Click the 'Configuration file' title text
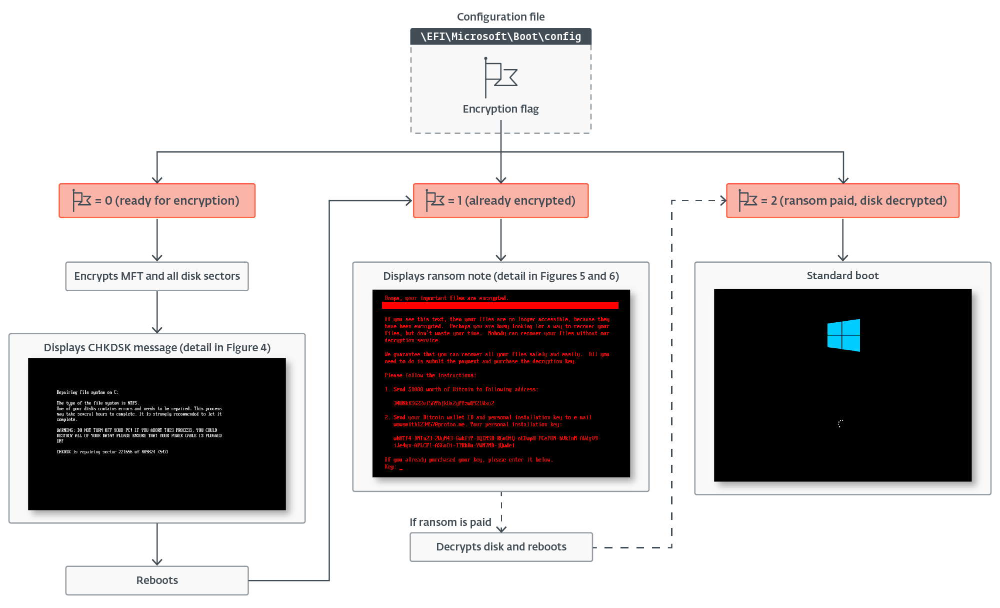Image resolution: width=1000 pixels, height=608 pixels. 500,17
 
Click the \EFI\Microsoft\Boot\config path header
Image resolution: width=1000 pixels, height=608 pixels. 500,37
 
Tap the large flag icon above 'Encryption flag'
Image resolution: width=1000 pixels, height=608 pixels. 500,78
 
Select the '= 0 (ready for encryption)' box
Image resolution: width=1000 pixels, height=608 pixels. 157,201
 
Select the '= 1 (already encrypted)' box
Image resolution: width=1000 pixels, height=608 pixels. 500,201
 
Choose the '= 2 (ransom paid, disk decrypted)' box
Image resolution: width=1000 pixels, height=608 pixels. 842,201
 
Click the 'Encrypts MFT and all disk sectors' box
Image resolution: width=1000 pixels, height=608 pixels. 157,276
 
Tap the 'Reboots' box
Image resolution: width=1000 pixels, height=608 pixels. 157,580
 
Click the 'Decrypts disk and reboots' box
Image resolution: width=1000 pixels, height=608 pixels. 501,547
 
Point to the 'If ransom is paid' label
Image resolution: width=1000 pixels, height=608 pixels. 450,522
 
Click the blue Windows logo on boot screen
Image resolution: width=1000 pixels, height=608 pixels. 843,335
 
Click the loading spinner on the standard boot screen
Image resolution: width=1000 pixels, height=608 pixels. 840,424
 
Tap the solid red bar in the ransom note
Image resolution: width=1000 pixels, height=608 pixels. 500,305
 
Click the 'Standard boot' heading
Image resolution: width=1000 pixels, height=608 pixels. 842,276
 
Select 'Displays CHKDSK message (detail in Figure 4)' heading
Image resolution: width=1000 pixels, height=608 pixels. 157,348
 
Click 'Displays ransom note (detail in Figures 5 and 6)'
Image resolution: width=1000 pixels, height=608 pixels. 500,276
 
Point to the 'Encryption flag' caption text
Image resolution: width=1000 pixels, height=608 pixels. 500,109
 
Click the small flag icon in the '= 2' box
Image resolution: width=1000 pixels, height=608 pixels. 748,200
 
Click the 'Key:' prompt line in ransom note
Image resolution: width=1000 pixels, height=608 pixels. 391,467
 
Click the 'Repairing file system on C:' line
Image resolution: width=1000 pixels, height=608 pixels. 87,392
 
